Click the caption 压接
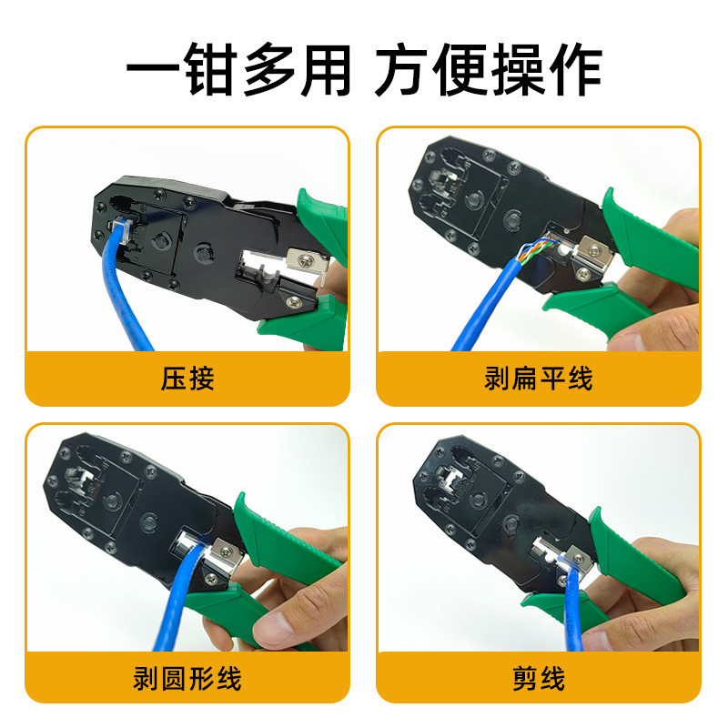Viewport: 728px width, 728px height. coord(187,379)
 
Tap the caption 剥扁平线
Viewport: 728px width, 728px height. coord(538,379)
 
